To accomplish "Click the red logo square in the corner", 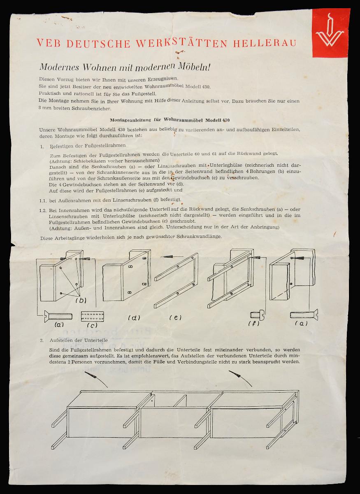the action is pyautogui.click(x=331, y=33).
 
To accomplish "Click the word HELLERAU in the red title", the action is pyautogui.click(x=265, y=43).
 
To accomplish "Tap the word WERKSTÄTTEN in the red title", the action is pyautogui.click(x=181, y=43).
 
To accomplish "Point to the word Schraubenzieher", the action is pyautogui.click(x=91, y=109).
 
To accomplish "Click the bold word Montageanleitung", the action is pyautogui.click(x=130, y=120).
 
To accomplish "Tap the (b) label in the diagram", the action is pyautogui.click(x=81, y=300).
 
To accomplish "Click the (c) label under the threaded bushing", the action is pyautogui.click(x=92, y=325).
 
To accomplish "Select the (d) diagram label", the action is pyautogui.click(x=134, y=318).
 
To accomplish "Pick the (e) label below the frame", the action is pyautogui.click(x=176, y=317).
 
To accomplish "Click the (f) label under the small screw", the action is pyautogui.click(x=254, y=324).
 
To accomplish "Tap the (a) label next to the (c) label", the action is pyautogui.click(x=60, y=324).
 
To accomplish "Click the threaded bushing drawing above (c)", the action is pyautogui.click(x=93, y=316).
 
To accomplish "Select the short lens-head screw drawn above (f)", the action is pyautogui.click(x=257, y=316).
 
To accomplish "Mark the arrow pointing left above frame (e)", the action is pyautogui.click(x=172, y=256).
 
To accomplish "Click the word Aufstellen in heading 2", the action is pyautogui.click(x=60, y=340).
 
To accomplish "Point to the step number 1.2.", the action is pyautogui.click(x=43, y=210).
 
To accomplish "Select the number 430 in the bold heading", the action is pyautogui.click(x=226, y=120).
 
